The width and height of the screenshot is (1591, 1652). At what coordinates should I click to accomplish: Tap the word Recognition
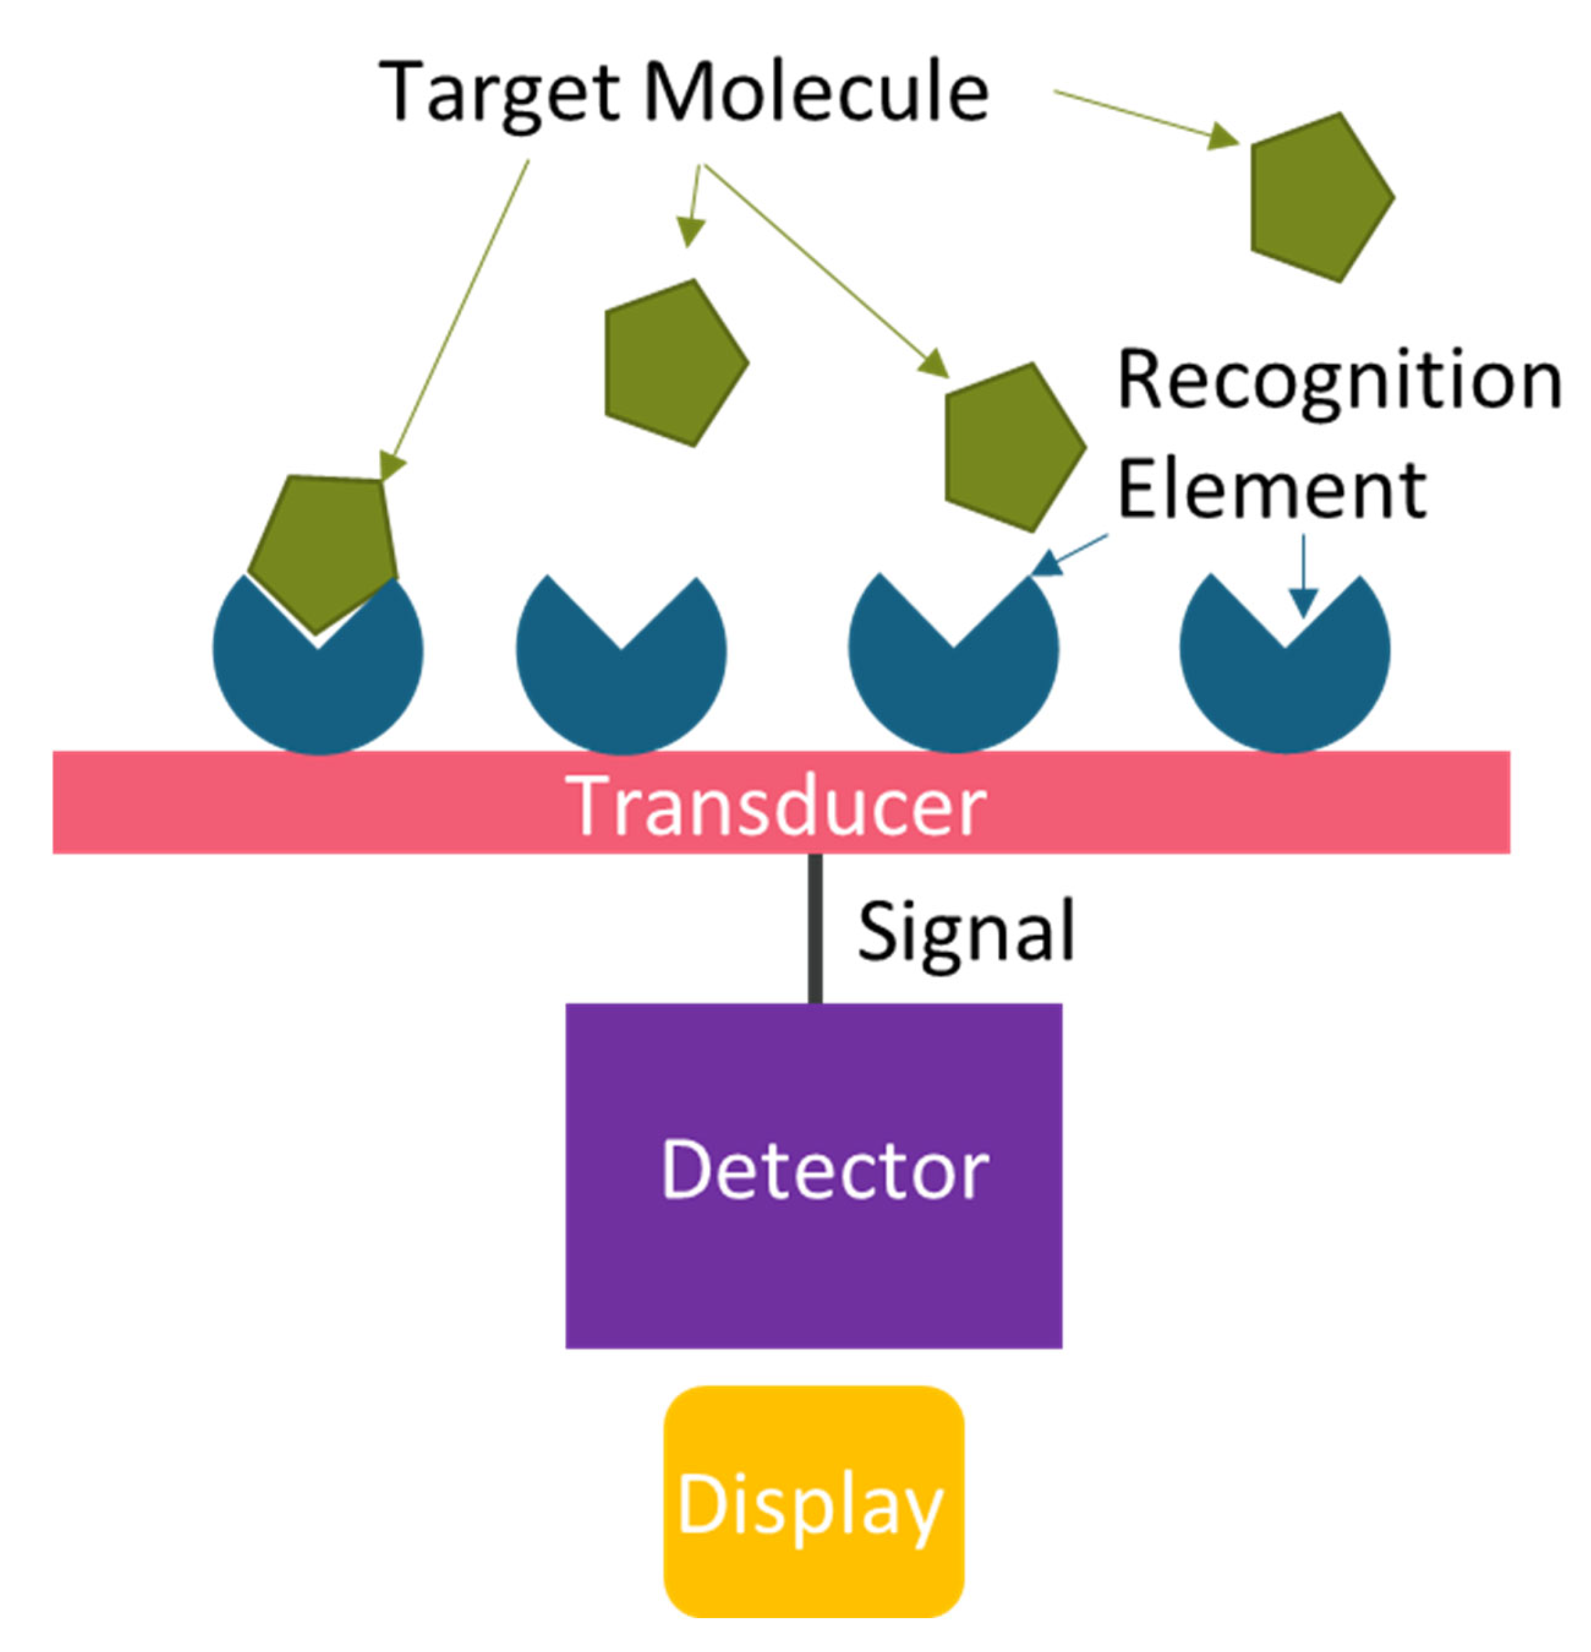click(x=1338, y=381)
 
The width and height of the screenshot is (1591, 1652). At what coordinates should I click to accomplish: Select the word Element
click(x=1270, y=490)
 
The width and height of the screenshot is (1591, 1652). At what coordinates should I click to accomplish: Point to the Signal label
click(x=966, y=931)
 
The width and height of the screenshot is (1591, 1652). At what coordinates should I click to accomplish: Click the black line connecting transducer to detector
click(x=815, y=927)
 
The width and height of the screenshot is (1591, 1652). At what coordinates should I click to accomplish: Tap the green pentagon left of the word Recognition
click(x=1011, y=447)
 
